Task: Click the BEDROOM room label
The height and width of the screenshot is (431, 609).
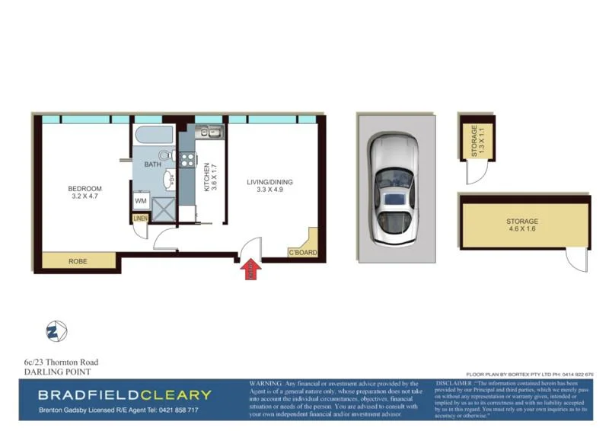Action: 84,189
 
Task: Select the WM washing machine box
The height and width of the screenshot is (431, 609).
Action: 141,201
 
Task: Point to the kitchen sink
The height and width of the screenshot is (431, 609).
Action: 210,133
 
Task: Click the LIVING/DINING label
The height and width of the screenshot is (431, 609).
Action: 269,182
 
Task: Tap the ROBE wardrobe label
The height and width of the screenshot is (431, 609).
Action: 78,261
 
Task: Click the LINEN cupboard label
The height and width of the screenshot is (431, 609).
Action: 140,219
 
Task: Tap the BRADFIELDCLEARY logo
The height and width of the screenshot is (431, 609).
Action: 125,394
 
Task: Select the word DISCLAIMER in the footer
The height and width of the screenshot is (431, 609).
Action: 455,384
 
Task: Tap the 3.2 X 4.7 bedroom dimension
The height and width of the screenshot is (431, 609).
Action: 84,196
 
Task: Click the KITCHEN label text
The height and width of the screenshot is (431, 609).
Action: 206,177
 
